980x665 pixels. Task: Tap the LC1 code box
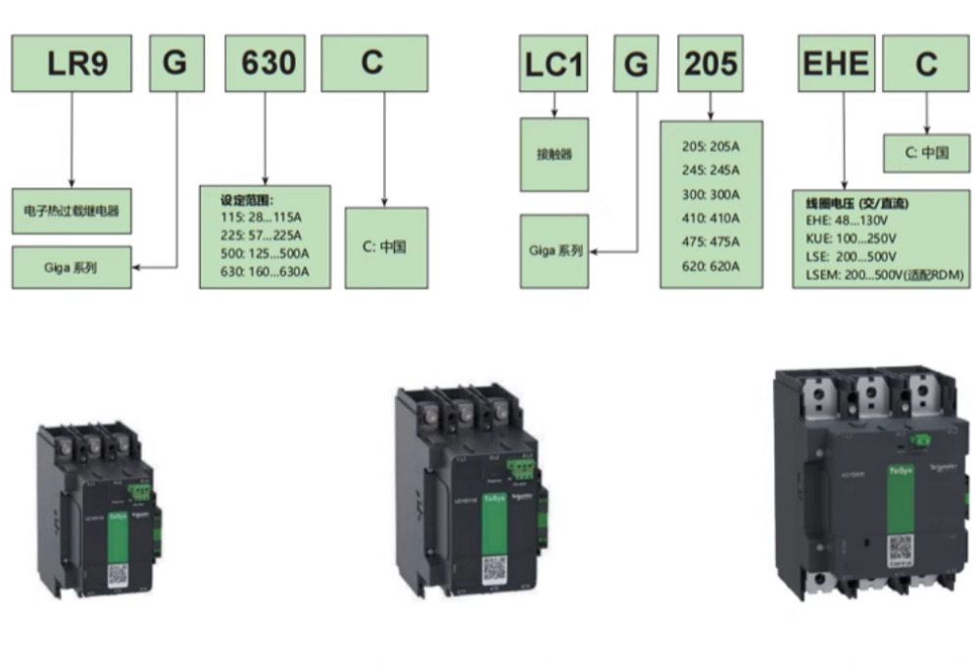pyautogui.click(x=554, y=64)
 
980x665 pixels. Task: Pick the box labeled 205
pyautogui.click(x=711, y=64)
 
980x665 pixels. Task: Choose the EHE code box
pyautogui.click(x=836, y=64)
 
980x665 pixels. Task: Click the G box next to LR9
pyautogui.click(x=175, y=64)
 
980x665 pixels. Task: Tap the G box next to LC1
pyautogui.click(x=636, y=64)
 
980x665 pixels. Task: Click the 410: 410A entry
pyautogui.click(x=710, y=218)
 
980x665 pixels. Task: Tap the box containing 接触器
pyautogui.click(x=555, y=155)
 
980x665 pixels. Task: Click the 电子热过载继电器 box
pyautogui.click(x=72, y=210)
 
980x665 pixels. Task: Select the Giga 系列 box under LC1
pyautogui.click(x=555, y=251)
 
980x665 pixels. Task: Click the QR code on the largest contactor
pyautogui.click(x=901, y=550)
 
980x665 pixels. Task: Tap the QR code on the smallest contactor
pyautogui.click(x=118, y=574)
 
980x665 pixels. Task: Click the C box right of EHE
pyautogui.click(x=926, y=64)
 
